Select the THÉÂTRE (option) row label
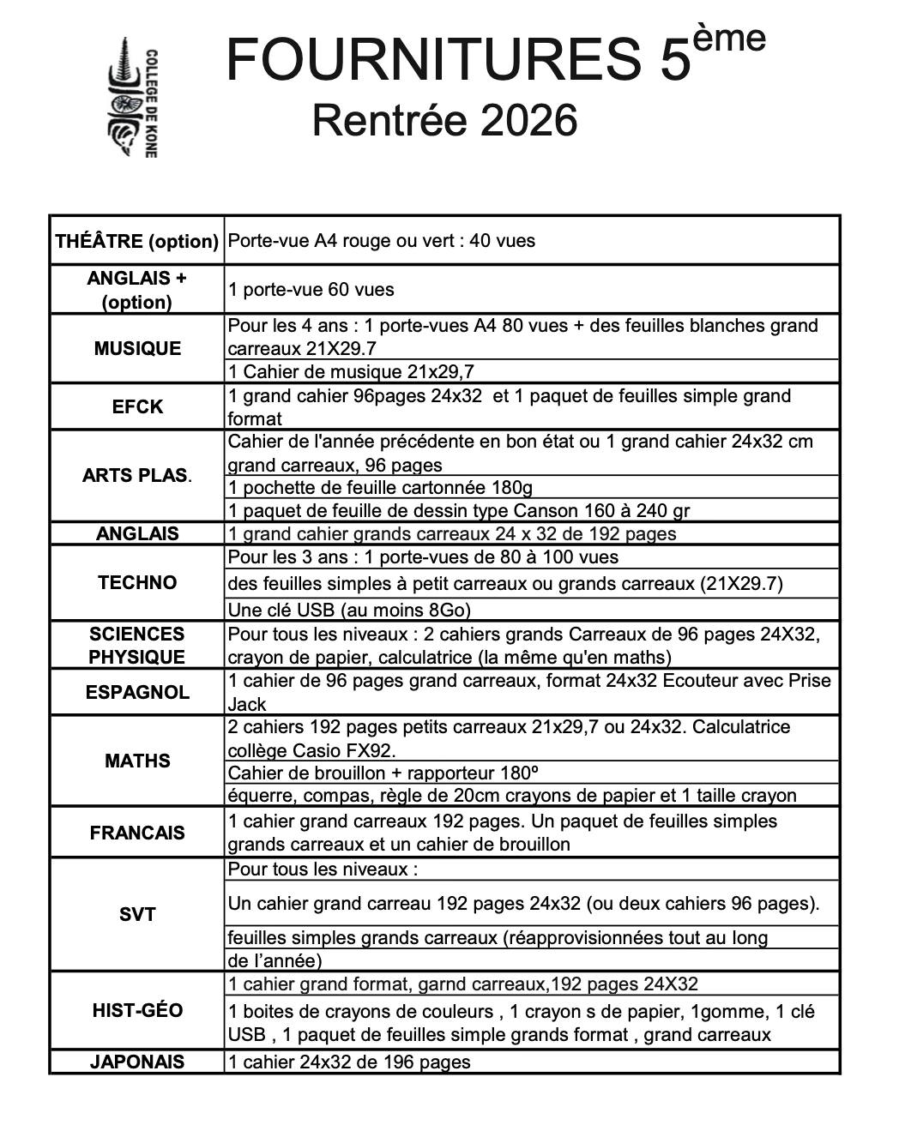point(137,241)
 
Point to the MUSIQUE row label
point(137,348)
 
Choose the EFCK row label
point(137,406)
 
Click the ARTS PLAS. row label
point(137,475)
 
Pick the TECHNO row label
point(137,582)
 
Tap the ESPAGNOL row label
point(137,692)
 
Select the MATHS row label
point(137,761)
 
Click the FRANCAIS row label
point(137,833)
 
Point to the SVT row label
point(137,914)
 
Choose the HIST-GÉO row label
point(137,1010)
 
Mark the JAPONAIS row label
point(137,1062)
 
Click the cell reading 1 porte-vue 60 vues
point(311,289)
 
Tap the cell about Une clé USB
point(349,610)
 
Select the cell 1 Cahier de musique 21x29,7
point(351,371)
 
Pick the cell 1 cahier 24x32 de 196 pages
point(349,1062)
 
